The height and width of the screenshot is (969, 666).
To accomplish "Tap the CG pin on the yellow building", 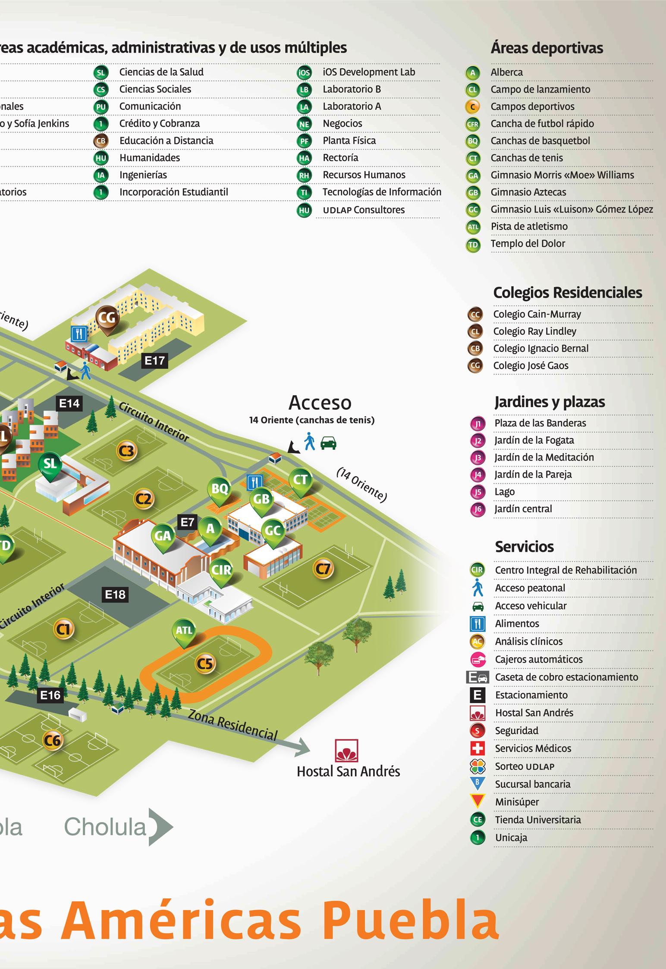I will click(x=107, y=318).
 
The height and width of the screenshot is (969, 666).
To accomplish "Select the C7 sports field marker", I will click(x=323, y=569).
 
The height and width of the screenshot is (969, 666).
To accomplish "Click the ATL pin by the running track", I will click(x=184, y=631).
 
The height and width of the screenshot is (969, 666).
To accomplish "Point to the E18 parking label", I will click(x=115, y=595).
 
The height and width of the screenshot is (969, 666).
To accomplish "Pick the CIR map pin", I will click(x=221, y=570).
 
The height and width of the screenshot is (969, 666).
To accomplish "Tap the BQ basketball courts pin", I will click(x=220, y=489).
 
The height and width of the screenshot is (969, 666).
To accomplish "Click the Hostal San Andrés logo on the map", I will click(x=346, y=751).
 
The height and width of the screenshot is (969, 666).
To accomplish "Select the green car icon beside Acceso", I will click(x=329, y=443).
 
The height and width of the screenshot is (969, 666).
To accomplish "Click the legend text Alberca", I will click(x=506, y=72).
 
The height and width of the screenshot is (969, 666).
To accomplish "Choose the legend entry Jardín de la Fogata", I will click(x=534, y=440).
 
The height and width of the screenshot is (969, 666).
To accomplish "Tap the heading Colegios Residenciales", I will click(x=567, y=293).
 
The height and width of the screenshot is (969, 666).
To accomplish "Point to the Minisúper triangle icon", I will click(x=478, y=801).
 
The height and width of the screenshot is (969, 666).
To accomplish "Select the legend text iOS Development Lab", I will click(x=369, y=72).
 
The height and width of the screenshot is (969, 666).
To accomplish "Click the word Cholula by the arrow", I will click(x=106, y=826).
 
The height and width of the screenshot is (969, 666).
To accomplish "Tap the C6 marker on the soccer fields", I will click(x=53, y=741).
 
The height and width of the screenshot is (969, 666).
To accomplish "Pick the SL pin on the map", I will click(x=50, y=464).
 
